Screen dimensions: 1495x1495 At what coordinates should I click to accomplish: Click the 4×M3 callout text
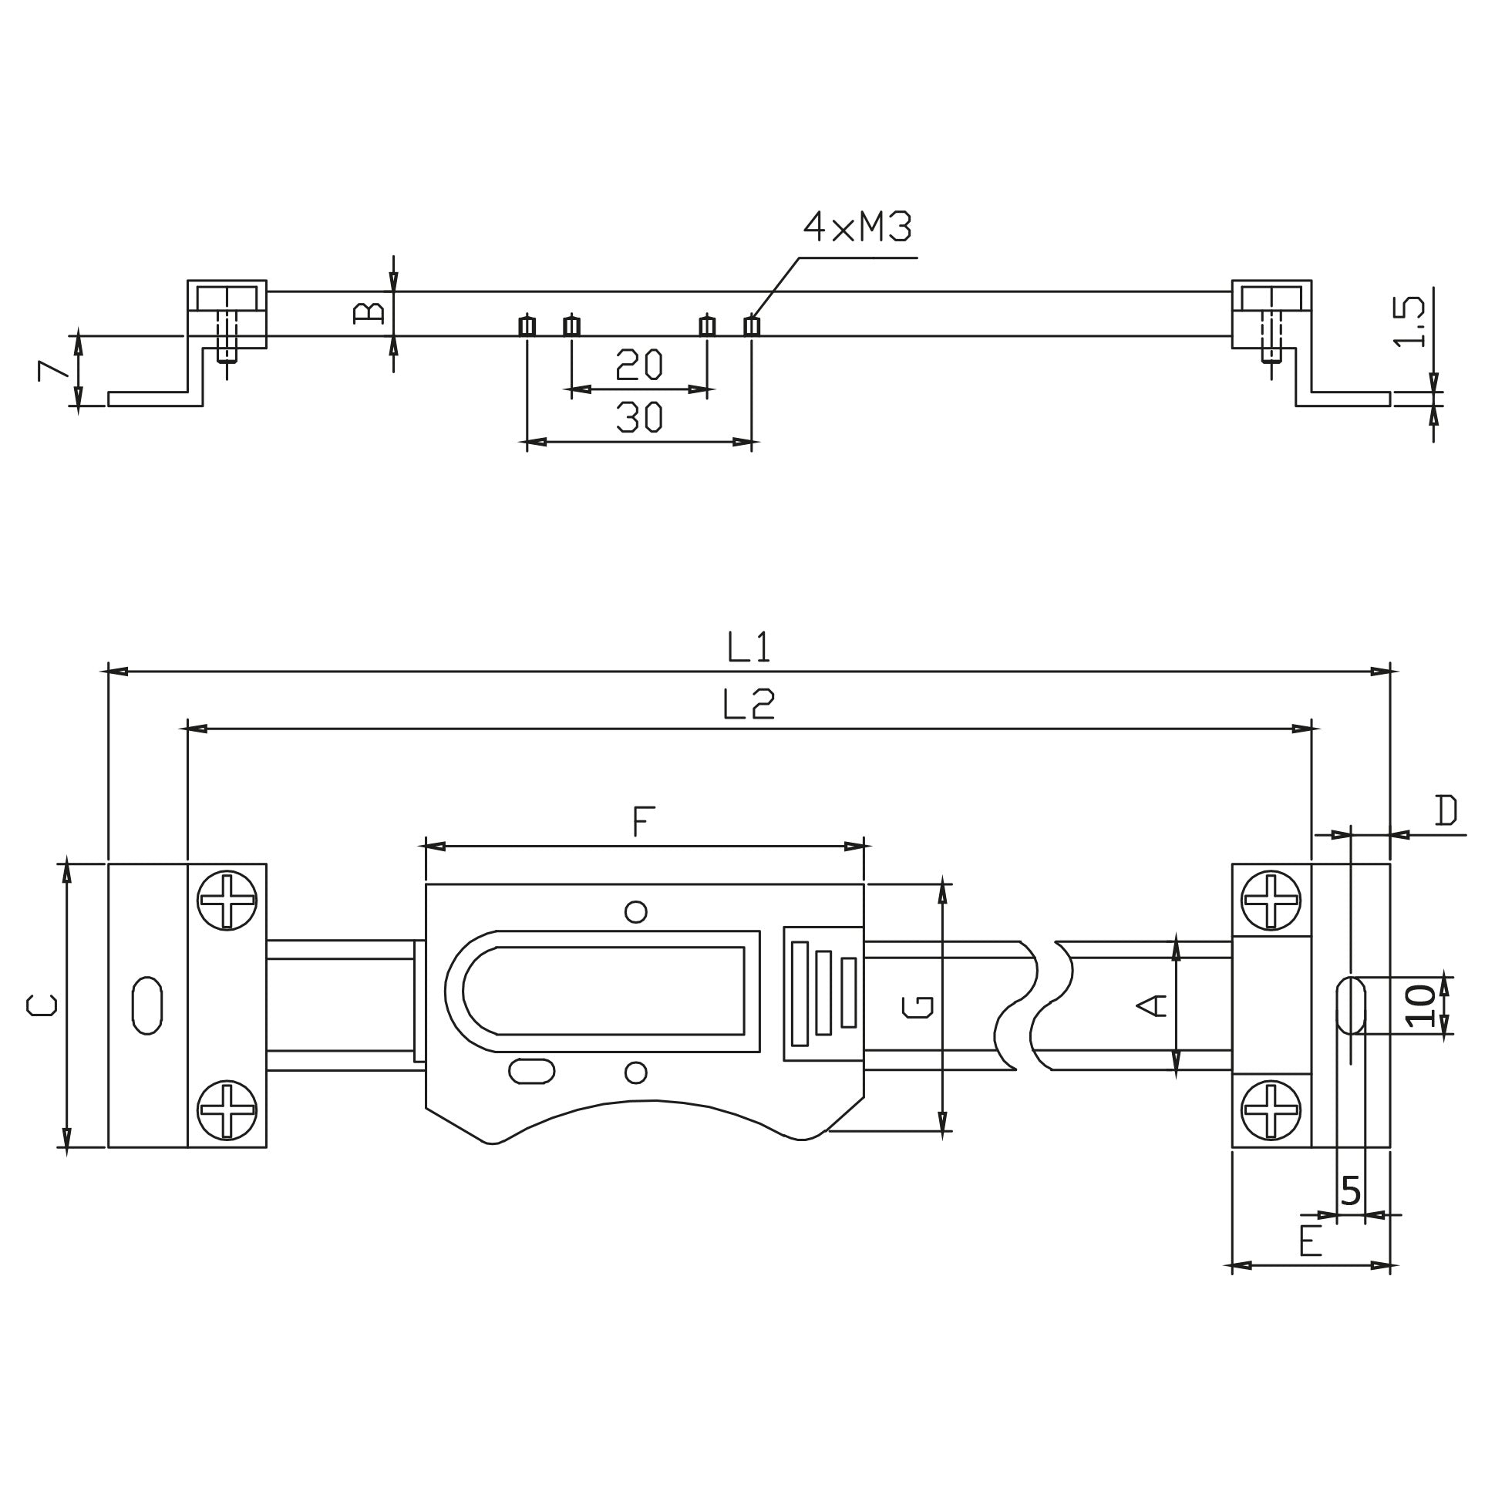coord(857,227)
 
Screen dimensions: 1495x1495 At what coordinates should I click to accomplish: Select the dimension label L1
coord(749,647)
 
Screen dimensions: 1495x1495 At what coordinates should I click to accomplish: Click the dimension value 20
coord(639,365)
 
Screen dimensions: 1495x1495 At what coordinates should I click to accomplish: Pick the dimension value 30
coord(639,418)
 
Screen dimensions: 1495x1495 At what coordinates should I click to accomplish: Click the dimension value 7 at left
coord(51,371)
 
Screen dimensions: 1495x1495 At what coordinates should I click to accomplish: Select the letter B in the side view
coord(369,312)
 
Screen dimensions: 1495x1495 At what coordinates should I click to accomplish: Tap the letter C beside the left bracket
coord(42,1005)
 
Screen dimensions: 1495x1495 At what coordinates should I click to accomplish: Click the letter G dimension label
coord(918,1007)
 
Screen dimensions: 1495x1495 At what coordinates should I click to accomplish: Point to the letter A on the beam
coord(1152,1006)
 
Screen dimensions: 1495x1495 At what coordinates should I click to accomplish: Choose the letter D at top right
coord(1446,811)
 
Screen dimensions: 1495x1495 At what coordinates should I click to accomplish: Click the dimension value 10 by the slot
coord(1421,1006)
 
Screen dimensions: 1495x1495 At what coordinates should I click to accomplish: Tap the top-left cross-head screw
coord(227,901)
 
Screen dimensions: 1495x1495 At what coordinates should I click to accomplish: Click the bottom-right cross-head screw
coord(1271,1110)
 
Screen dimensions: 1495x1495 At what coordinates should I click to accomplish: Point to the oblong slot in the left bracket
coord(147,1006)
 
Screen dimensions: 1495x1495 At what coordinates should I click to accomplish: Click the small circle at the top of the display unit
coord(635,912)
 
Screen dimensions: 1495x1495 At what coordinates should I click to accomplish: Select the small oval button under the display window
coord(531,1071)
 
